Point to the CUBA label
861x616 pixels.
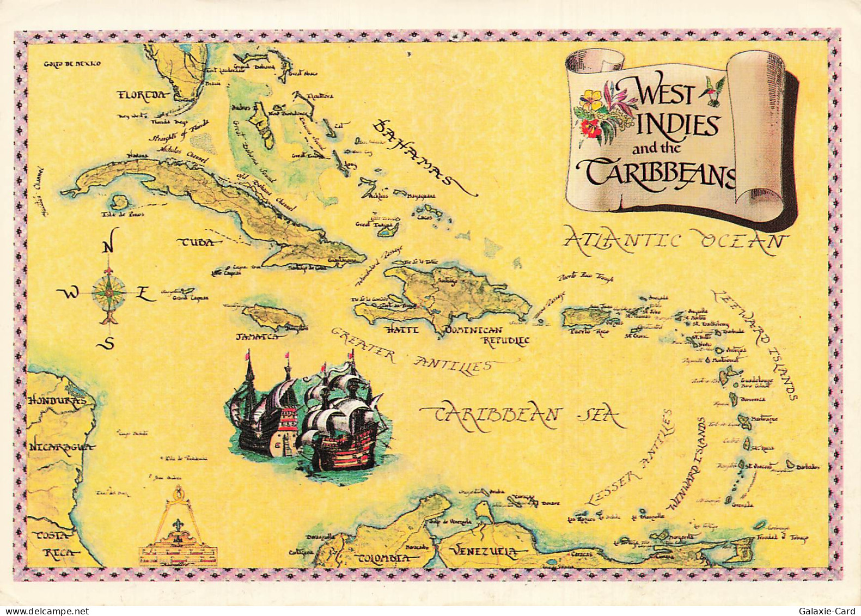196,243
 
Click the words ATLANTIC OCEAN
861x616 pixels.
675,240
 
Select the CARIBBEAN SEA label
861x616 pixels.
526,416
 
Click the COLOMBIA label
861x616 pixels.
383,558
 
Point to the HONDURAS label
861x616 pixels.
57,400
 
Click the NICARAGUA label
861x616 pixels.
59,447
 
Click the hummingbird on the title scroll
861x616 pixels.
714,87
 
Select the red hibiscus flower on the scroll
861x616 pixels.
590,128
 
